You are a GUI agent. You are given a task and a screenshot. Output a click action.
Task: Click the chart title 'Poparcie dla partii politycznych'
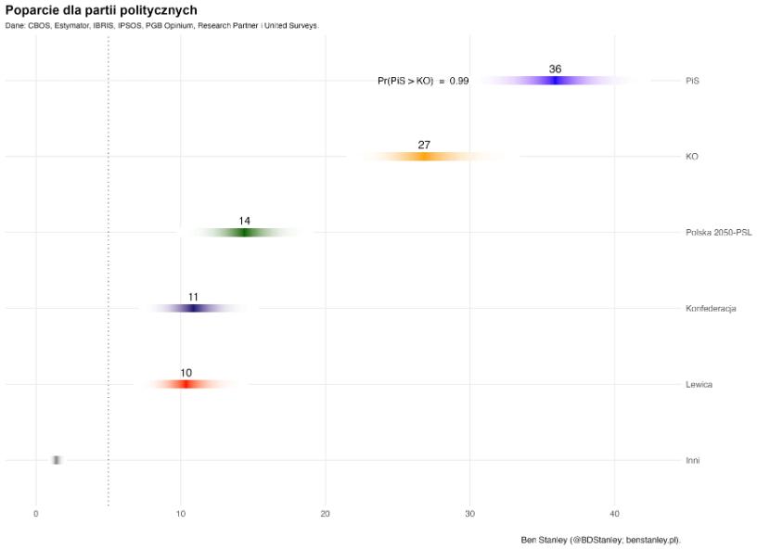pos(100,10)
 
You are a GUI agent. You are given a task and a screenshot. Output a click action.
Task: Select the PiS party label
pos(692,81)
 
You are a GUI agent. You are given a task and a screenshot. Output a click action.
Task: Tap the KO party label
pos(691,157)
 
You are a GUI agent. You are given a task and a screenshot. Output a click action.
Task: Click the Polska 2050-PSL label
pos(718,233)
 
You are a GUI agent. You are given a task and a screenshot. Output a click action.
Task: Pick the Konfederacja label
pos(711,309)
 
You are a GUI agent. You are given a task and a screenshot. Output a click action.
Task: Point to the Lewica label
pos(699,385)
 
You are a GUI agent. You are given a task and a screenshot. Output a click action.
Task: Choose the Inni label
pos(693,461)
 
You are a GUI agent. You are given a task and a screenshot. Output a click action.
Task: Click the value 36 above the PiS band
pos(555,70)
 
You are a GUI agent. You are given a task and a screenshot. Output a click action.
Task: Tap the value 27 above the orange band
pos(424,146)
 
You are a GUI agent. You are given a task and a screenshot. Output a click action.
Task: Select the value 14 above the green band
pos(244,222)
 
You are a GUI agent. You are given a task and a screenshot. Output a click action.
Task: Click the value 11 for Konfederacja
pos(193,298)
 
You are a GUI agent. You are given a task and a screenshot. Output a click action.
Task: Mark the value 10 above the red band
pos(186,373)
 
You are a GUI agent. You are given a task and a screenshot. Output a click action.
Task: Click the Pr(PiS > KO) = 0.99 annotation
pos(423,82)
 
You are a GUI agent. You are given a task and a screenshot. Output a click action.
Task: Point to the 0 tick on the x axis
pos(36,514)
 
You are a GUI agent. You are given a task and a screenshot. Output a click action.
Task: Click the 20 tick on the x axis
pos(325,514)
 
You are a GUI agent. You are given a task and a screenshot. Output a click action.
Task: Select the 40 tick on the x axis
pos(614,514)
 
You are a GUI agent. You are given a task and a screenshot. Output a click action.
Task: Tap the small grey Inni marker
pos(57,461)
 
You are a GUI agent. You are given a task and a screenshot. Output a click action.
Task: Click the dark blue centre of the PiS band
pos(555,81)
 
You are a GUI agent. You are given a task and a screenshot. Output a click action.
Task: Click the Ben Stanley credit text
pos(600,539)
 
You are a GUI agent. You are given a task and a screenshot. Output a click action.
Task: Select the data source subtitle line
pos(161,26)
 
